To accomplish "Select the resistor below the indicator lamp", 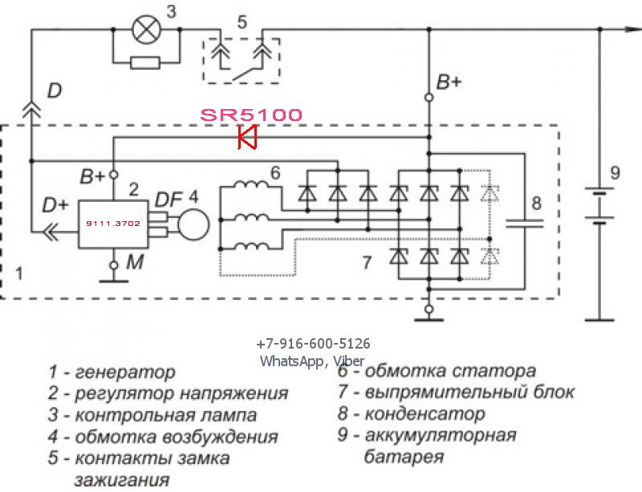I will (x=145, y=63).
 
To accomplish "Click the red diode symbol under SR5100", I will (x=248, y=138).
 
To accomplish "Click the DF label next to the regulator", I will (x=169, y=197).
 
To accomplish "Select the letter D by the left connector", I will (x=54, y=91).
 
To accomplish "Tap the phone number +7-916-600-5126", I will (x=313, y=344).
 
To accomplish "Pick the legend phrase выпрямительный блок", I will (x=469, y=393).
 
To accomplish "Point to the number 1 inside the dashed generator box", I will (x=19, y=272).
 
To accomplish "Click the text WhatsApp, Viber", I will (x=311, y=361).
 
